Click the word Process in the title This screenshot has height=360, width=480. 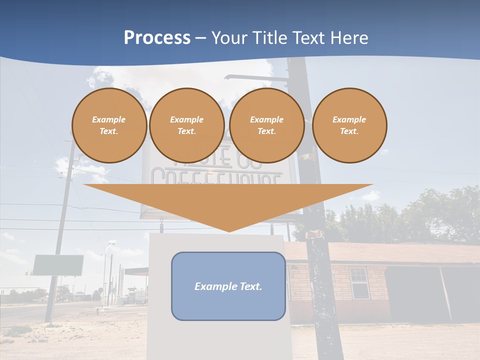(157, 38)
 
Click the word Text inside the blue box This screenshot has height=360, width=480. (251, 286)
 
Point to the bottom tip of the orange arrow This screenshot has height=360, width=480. (228, 231)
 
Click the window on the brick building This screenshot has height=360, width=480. (358, 283)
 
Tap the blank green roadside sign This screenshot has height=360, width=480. (58, 265)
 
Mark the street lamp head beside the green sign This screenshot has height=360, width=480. (112, 243)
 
